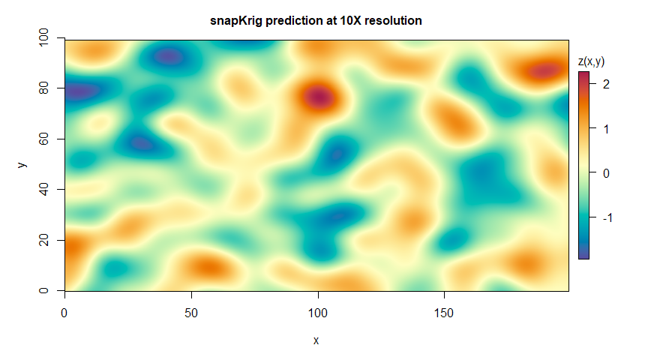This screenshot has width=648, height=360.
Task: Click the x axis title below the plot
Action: pyautogui.click(x=316, y=340)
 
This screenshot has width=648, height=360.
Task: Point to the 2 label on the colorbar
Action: pyautogui.click(x=606, y=84)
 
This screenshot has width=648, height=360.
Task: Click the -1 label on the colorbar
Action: pyautogui.click(x=608, y=217)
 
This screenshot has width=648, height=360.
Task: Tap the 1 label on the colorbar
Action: pyautogui.click(x=606, y=128)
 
